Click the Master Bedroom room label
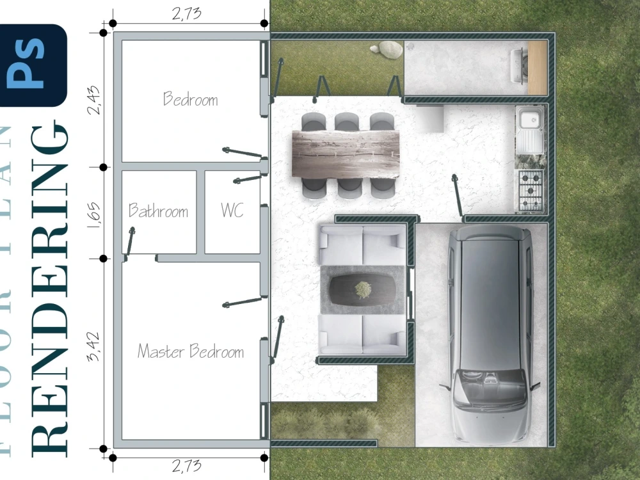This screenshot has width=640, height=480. pyautogui.click(x=191, y=351)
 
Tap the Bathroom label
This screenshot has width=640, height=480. pyautogui.click(x=158, y=211)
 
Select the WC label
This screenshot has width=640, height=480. pyautogui.click(x=232, y=211)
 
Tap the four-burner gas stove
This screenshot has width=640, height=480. pyautogui.click(x=529, y=191)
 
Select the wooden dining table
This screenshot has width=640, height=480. pyautogui.click(x=346, y=153)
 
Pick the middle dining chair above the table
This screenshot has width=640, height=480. pyautogui.click(x=346, y=122)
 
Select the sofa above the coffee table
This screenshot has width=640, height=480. pyautogui.click(x=362, y=244)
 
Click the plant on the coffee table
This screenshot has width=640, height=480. pyautogui.click(x=363, y=289)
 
